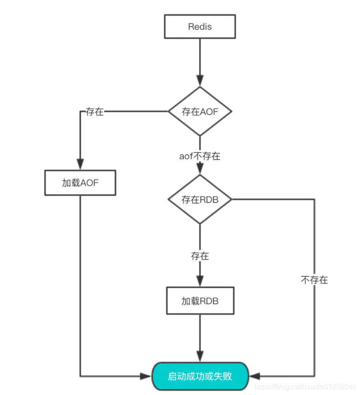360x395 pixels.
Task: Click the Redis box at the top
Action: click(200, 26)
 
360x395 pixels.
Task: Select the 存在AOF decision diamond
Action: click(200, 111)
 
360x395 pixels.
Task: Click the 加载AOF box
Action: click(80, 183)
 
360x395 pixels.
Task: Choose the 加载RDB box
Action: click(200, 301)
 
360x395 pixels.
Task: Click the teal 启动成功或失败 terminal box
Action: click(200, 376)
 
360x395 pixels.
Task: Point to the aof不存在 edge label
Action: click(200, 156)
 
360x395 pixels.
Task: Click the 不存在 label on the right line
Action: click(314, 280)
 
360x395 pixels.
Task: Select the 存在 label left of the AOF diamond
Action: click(95, 112)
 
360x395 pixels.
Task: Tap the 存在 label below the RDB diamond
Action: click(200, 256)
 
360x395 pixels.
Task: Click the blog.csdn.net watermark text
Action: click(305, 387)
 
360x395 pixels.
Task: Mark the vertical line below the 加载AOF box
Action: click(80, 280)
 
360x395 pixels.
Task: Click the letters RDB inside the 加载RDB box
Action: click(209, 301)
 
